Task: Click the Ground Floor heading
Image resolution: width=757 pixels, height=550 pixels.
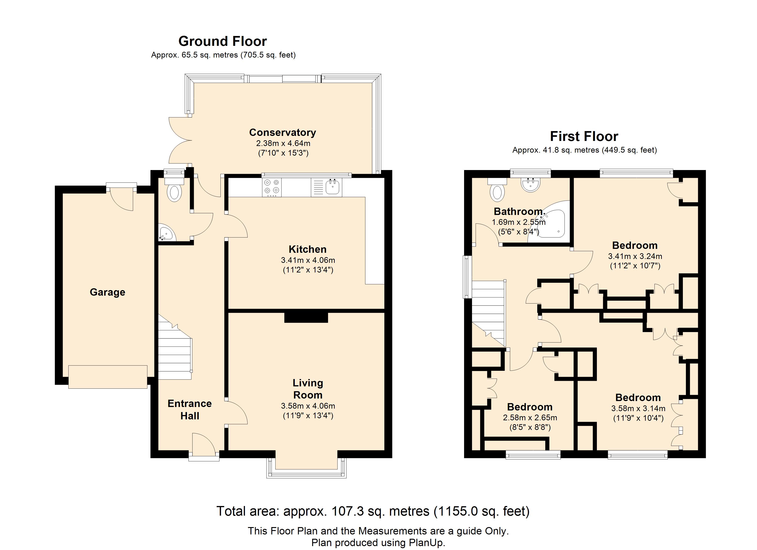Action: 223,41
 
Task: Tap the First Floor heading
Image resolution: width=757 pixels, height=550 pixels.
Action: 584,136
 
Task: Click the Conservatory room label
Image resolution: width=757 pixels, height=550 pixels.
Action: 283,132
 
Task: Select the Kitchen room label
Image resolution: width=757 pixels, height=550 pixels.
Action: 307,249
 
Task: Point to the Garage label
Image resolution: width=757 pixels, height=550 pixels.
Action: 108,292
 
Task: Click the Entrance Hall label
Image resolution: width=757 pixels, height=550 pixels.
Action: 189,410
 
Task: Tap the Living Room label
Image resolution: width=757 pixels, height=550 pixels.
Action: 308,389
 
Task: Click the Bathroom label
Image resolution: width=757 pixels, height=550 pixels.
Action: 519,212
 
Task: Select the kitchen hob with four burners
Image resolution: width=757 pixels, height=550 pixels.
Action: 272,187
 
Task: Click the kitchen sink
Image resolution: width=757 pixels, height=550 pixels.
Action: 326,187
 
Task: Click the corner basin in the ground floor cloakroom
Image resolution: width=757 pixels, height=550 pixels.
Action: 166,232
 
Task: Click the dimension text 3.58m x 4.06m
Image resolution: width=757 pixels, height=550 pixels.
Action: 308,406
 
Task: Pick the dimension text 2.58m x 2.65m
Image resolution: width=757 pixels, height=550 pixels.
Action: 530,418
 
